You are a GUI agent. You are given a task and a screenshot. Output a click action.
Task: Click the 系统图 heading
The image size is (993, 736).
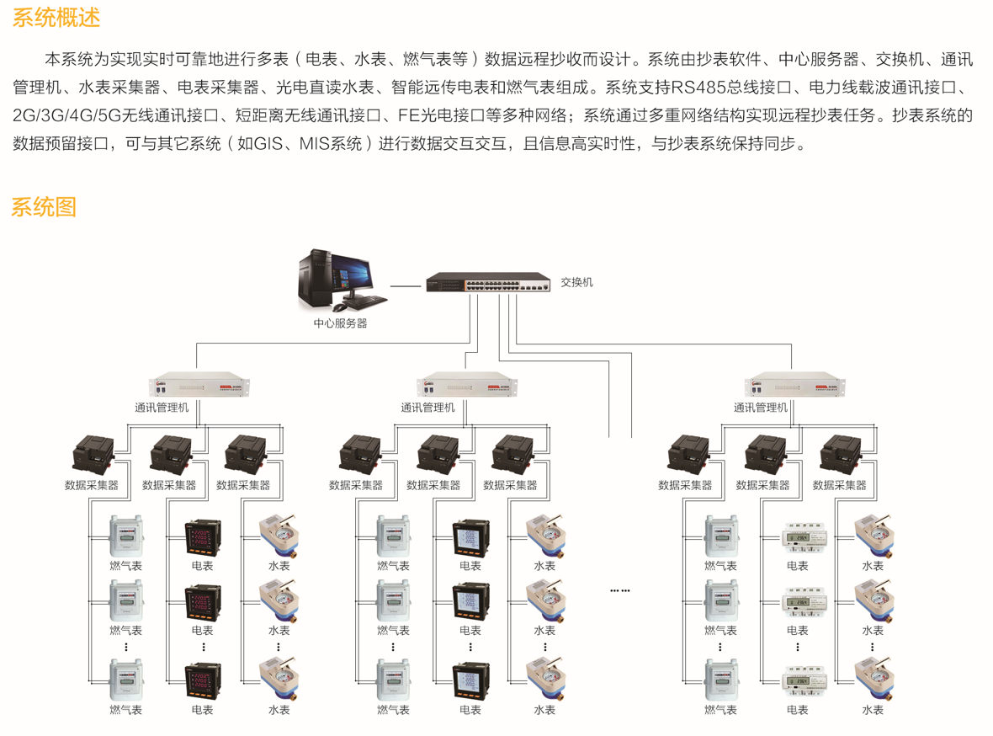(44, 206)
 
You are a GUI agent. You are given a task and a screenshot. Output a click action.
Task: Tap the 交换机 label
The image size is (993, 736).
(576, 282)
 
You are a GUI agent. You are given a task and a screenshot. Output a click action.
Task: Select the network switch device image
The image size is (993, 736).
(488, 283)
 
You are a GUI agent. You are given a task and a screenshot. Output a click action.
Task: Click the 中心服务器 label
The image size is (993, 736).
(340, 323)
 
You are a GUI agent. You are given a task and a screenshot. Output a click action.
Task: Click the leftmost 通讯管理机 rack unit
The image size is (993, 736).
(203, 386)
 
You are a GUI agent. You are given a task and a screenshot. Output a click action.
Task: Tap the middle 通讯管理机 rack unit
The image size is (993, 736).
(468, 386)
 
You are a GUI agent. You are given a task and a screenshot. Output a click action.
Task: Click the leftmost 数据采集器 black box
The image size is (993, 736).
(93, 454)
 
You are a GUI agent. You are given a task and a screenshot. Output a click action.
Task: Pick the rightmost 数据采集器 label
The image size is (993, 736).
(839, 485)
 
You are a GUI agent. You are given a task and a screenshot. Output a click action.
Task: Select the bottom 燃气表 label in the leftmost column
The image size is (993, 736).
(126, 710)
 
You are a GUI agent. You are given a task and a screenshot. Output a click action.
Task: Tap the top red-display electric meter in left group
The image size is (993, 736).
(203, 536)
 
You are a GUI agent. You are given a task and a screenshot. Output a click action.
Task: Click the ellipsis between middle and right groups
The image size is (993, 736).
(620, 590)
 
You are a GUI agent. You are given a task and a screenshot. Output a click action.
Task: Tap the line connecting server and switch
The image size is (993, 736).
(406, 286)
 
